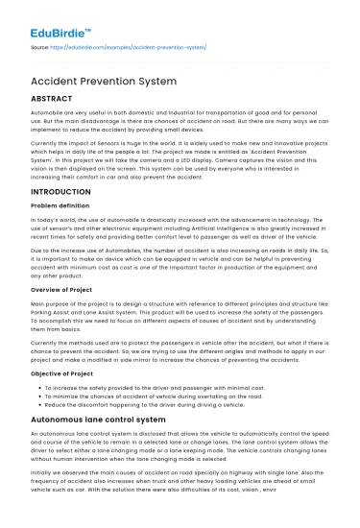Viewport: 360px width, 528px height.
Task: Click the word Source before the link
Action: point(40,45)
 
